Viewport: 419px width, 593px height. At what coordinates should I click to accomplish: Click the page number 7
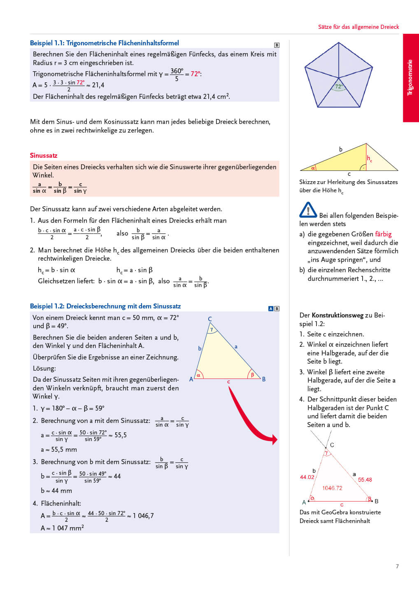397,566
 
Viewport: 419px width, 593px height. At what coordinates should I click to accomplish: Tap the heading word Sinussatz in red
44,155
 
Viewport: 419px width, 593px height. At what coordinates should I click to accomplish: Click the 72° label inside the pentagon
339,86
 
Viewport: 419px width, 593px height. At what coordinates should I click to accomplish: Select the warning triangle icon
308,210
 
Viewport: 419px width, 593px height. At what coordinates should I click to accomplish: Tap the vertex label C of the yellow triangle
210,319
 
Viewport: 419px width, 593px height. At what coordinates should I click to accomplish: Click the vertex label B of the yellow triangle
264,379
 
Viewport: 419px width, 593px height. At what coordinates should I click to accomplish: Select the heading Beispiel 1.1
105,43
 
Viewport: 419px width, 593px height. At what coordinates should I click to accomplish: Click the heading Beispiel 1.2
105,306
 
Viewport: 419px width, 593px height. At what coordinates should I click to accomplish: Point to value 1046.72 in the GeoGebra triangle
332,488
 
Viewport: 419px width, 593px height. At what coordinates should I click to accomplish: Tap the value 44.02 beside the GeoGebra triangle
307,477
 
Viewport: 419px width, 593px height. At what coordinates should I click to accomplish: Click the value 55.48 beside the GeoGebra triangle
365,480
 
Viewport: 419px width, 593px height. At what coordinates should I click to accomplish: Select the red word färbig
383,234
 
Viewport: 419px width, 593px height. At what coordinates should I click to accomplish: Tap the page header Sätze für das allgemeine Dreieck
358,27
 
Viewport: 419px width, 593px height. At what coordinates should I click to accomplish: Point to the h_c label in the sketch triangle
370,159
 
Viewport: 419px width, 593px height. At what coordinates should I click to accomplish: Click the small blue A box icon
271,308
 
